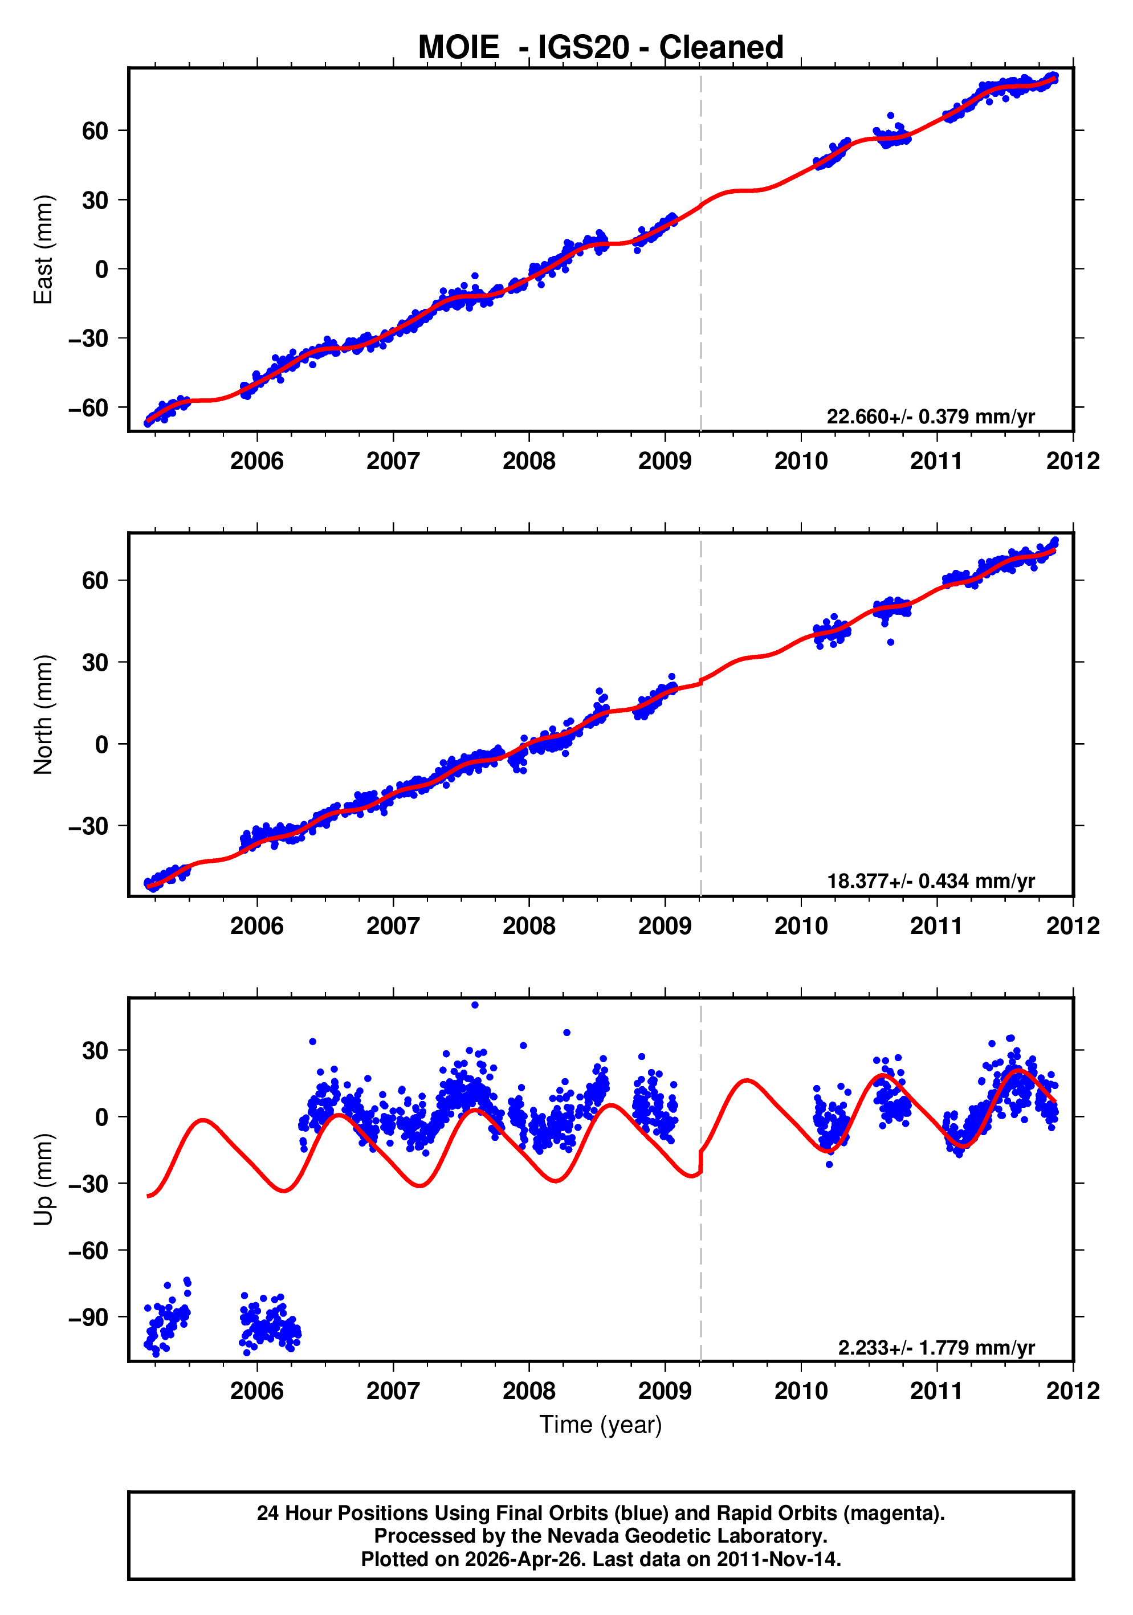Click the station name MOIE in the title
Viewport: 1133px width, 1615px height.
click(x=458, y=48)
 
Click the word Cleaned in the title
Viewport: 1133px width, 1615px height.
click(x=721, y=48)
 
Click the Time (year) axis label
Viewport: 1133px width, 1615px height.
click(x=600, y=1424)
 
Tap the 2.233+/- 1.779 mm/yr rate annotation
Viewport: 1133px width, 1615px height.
click(x=935, y=1348)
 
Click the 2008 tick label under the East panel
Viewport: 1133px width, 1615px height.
click(x=528, y=462)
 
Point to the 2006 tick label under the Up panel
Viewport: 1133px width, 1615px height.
click(x=256, y=1390)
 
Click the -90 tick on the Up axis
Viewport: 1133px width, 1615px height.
click(x=88, y=1317)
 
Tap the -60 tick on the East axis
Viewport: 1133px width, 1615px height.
click(x=88, y=407)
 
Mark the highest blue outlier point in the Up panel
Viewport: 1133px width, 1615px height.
click(x=475, y=1005)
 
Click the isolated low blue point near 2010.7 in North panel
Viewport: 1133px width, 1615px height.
click(x=890, y=642)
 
